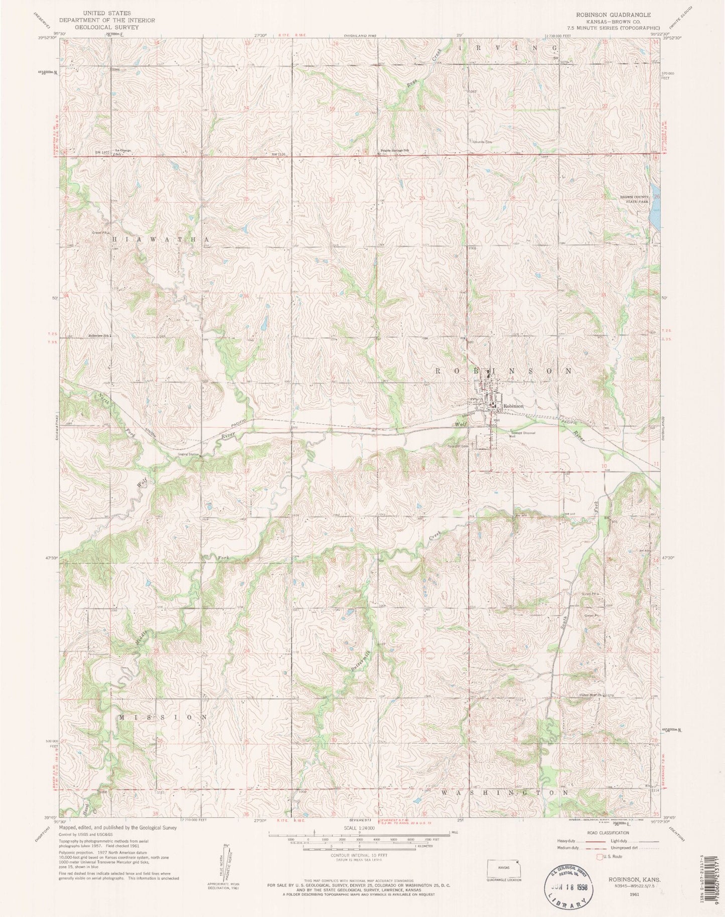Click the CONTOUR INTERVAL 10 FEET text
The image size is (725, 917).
click(360, 855)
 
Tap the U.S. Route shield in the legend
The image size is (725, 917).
click(598, 856)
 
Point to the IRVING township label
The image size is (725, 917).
click(508, 47)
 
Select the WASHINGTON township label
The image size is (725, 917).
click(506, 793)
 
